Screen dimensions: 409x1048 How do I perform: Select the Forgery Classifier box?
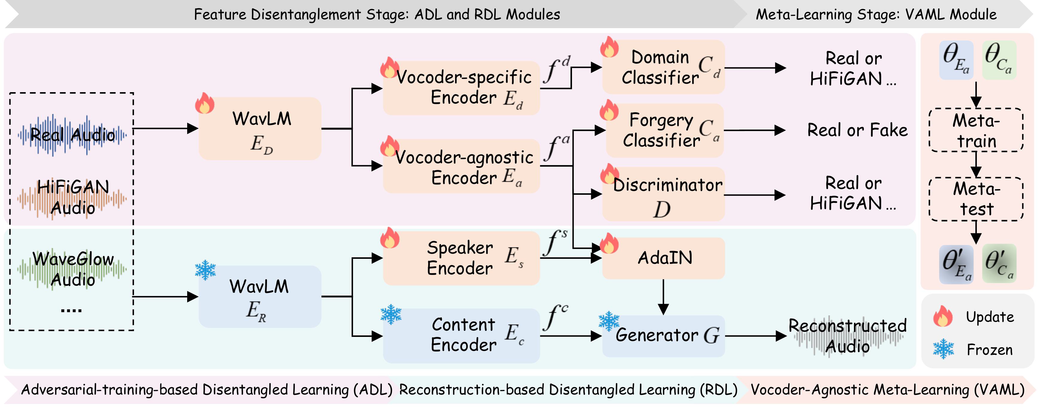coord(664,130)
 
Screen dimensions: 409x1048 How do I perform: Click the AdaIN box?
coord(663,258)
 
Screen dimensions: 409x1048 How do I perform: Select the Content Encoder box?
coord(461,335)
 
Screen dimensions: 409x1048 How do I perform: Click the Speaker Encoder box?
coord(461,258)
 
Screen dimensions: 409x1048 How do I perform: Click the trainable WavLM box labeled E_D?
coord(260,129)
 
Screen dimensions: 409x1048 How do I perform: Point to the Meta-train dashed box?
coord(976,130)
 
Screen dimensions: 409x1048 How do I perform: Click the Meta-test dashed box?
coord(976,199)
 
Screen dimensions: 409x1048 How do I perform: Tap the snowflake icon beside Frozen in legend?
coord(943,349)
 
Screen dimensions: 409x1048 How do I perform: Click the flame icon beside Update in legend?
coord(943,316)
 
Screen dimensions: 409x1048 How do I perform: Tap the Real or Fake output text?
coord(857,130)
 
